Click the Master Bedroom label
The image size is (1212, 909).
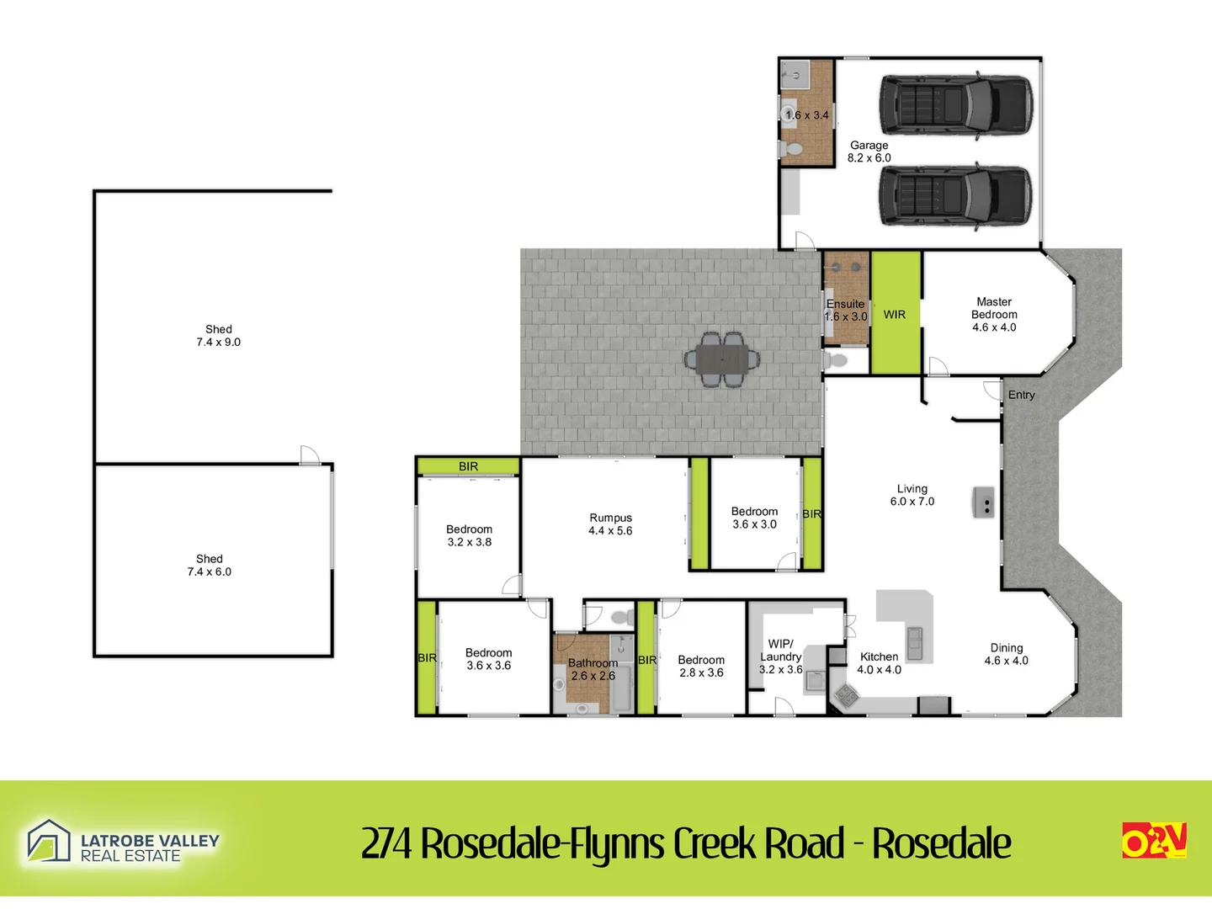(x=994, y=314)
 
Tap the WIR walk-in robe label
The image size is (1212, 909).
(x=894, y=315)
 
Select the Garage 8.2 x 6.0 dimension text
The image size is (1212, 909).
(x=869, y=151)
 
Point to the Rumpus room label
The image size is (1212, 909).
(x=610, y=524)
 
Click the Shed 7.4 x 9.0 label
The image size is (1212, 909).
(x=219, y=336)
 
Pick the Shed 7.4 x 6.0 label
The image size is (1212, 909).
(x=210, y=565)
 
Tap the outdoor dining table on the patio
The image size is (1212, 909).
(x=721, y=360)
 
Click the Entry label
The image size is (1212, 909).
(x=1021, y=396)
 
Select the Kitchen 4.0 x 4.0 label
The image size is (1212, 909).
(x=879, y=663)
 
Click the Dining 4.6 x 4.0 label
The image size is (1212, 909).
(x=1006, y=654)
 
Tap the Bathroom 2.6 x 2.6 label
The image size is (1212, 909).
(x=593, y=669)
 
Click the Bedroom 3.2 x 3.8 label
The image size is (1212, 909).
(x=470, y=535)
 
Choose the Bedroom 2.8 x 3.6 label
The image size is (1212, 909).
(x=701, y=666)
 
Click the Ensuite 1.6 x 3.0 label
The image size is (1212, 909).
(x=845, y=311)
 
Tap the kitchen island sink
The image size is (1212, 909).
(x=915, y=643)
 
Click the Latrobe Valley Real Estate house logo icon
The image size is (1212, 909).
(x=49, y=841)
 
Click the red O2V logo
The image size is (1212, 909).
(x=1154, y=840)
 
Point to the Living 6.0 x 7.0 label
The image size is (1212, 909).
(x=912, y=495)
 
